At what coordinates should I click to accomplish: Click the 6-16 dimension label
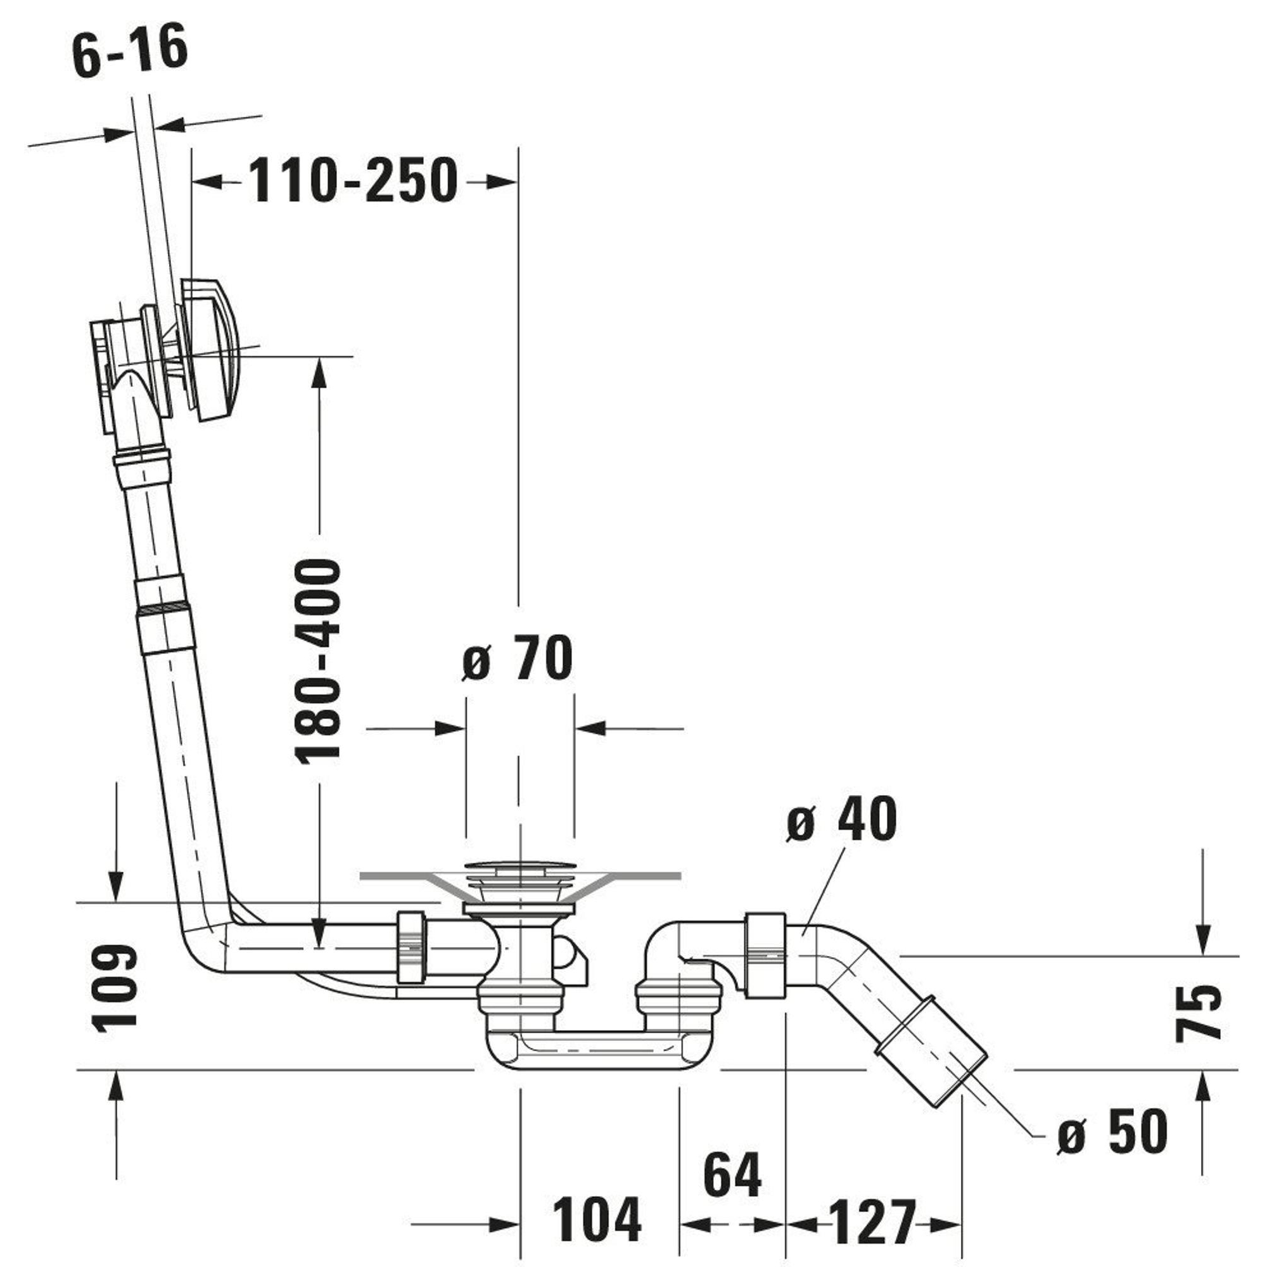pos(130,51)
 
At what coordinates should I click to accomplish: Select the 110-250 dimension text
pos(352,180)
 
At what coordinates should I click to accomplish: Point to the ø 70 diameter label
pos(518,658)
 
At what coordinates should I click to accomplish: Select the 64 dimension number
pos(732,1175)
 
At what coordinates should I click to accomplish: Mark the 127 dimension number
pos(872,1221)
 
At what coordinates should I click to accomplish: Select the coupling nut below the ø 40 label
pos(765,955)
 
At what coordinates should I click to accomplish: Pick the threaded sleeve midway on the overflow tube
pos(163,614)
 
